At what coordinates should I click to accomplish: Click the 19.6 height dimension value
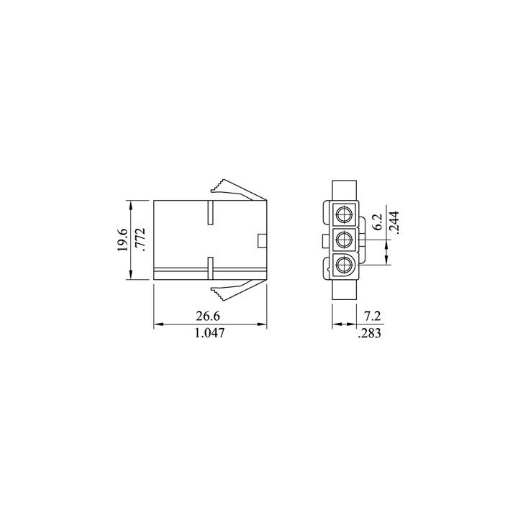[122, 240]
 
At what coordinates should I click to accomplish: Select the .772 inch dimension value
[142, 240]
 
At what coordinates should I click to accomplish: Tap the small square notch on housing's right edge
[263, 240]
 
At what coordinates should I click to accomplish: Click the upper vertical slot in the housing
[209, 214]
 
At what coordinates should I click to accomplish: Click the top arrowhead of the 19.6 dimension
[131, 204]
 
